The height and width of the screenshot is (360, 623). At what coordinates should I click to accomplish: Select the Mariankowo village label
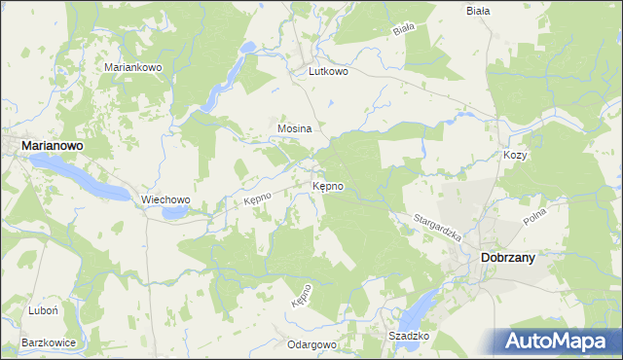coord(139,67)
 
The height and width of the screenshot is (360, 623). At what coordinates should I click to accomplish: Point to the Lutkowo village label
coord(328,71)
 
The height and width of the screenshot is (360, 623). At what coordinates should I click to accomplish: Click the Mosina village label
coord(294,128)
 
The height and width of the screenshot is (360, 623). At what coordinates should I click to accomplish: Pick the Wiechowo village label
coord(165,199)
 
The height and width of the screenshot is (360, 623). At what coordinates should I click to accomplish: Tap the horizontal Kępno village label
coord(327,185)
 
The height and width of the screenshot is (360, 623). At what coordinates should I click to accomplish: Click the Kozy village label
coord(515,155)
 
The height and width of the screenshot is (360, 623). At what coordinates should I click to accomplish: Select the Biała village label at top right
coord(478,11)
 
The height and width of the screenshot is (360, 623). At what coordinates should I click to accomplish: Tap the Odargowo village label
coord(311,344)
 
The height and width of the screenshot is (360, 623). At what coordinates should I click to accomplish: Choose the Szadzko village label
coord(409,336)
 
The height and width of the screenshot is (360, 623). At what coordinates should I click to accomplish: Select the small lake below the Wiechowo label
coord(176,211)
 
